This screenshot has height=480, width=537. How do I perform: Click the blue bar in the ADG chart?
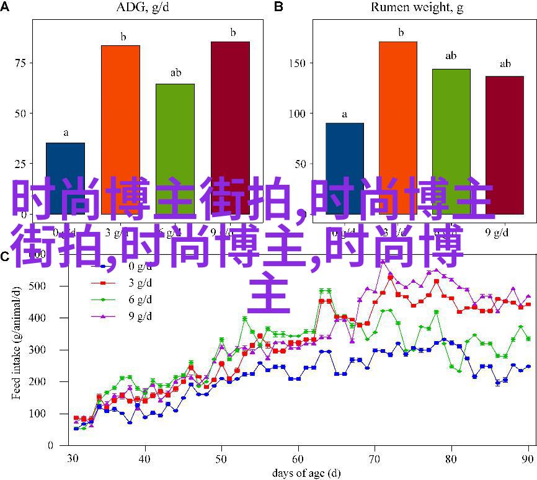click(66, 167)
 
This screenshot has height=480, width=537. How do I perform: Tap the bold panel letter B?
click(278, 7)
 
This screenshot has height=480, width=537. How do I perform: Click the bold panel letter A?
click(6, 7)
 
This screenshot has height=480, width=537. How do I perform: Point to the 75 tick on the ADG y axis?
click(20, 63)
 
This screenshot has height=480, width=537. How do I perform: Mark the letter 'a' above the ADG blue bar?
click(66, 132)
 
